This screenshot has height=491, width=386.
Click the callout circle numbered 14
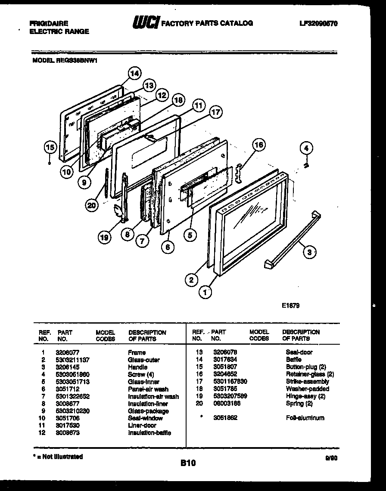point(135,74)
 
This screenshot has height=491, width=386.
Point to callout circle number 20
point(91,206)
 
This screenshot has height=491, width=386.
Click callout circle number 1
point(205,293)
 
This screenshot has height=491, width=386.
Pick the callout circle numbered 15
point(50,148)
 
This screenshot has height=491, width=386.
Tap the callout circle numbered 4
point(306,149)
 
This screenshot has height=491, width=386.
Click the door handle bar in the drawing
point(291,241)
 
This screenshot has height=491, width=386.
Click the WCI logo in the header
point(146,22)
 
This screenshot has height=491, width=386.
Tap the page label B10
point(188,463)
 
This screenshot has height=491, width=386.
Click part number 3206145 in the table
point(65,367)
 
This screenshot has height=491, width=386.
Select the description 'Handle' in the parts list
point(137,367)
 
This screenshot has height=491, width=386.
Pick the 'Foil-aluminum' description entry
point(305,418)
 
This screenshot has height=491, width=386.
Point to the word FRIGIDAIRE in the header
point(49,24)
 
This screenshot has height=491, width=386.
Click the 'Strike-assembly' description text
point(307,381)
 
